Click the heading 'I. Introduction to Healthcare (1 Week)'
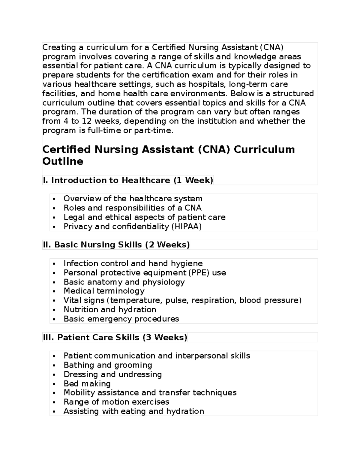128,180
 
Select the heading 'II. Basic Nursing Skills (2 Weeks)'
116,245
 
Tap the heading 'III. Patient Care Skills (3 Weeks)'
115,338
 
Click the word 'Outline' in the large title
63,161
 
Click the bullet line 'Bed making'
87,384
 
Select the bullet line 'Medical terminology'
104,291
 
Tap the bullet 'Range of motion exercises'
116,402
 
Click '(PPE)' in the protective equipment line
199,273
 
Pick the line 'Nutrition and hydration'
110,310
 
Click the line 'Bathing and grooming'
108,365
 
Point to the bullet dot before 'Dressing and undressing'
54,375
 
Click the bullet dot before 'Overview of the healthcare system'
54,199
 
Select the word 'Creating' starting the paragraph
59,47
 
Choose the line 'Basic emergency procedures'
121,319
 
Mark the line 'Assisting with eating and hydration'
133,411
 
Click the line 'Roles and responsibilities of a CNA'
132,208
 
